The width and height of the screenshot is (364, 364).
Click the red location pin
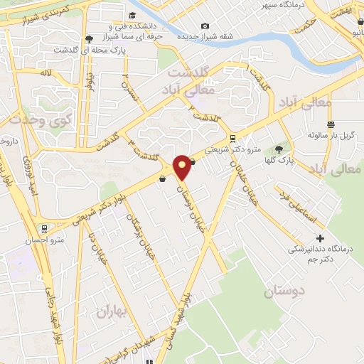(182, 166)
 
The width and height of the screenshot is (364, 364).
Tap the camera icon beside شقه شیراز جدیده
(205, 26)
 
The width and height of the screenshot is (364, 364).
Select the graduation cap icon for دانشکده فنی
(132, 16)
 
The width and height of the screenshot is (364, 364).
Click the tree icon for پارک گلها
(279, 149)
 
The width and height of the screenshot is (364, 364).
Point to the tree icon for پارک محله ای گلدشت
(89, 40)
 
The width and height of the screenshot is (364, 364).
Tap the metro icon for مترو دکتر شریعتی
(233, 138)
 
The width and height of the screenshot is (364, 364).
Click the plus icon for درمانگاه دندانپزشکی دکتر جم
(320, 238)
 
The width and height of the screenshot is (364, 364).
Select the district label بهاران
(110, 311)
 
